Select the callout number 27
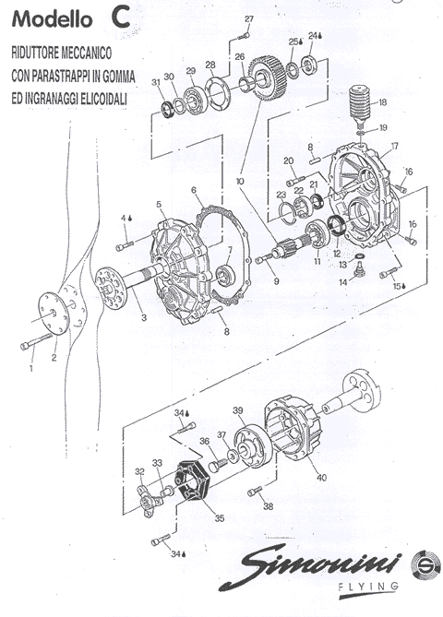249,18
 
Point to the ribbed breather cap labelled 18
361,104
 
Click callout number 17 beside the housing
395,147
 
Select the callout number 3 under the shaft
144,317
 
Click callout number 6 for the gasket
193,190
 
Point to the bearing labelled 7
226,275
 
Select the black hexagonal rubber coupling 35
192,481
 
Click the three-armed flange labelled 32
148,502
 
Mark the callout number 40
322,478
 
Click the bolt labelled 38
255,491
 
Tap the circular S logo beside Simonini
426,565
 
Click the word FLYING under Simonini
368,587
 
